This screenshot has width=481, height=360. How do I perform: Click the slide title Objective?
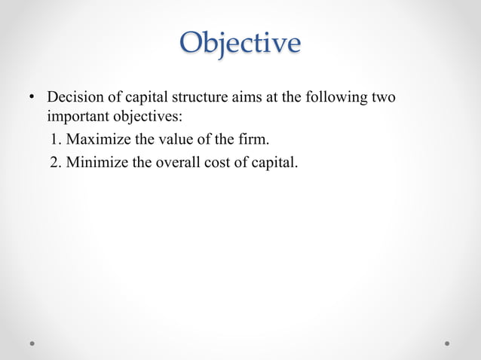(240, 43)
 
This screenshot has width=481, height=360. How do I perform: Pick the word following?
(335, 98)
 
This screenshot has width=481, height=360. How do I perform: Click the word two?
(383, 98)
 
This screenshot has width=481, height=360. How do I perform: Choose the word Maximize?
(98, 139)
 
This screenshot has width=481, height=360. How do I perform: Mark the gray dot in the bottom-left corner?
(33, 343)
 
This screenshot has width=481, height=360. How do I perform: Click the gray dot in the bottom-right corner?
(447, 343)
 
